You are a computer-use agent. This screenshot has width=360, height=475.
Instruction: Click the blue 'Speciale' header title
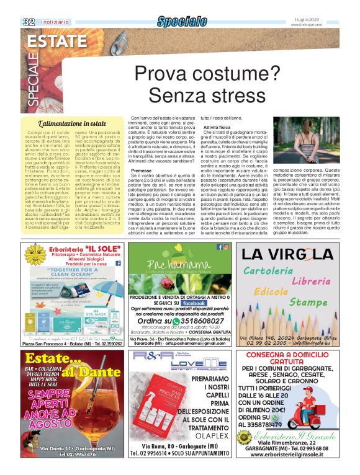point(181,22)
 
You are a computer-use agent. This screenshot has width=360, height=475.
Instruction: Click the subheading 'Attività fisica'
point(217,126)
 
